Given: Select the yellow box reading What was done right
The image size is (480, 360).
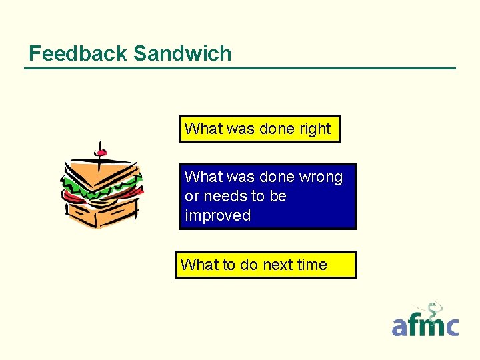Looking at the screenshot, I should click(259, 129).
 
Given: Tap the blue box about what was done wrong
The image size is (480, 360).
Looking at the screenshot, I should click(267, 196).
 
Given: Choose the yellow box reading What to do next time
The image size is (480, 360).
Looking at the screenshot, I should click(265, 265).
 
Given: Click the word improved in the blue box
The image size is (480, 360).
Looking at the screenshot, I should click(217, 215).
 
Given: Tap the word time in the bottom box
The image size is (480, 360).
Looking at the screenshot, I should click(312, 265).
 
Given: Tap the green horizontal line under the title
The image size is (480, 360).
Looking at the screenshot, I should click(240, 68).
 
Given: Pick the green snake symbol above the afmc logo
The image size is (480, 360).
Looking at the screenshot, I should click(434, 312).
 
